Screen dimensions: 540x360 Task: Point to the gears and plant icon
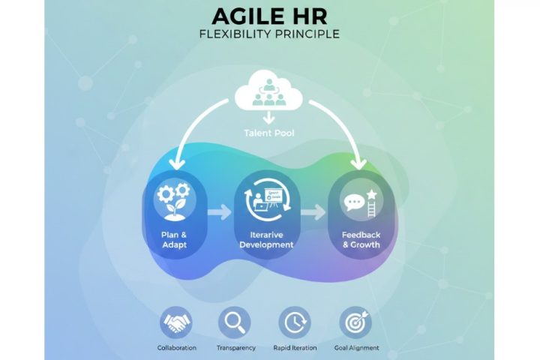173,199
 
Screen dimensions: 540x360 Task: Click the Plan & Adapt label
173,238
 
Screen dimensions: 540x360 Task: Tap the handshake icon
177,322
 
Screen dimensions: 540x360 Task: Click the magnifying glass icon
235,322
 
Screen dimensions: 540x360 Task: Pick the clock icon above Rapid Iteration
294,322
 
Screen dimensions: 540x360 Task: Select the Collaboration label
177,348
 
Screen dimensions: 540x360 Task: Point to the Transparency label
235,348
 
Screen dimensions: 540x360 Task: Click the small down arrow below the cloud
268,118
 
